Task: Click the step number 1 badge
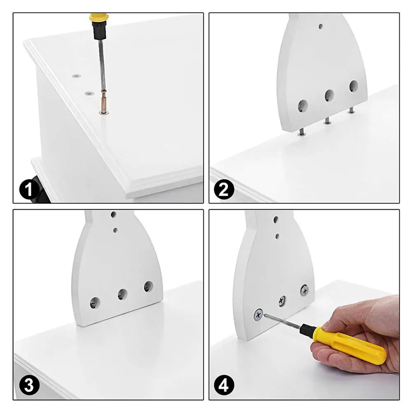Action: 29,189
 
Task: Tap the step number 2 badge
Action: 224,189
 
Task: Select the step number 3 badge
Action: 29,385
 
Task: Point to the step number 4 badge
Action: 224,385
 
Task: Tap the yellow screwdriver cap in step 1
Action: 99,17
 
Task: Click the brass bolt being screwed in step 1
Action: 103,102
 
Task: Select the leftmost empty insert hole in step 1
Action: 77,76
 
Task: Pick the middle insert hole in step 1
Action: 89,93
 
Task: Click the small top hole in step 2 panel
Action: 321,26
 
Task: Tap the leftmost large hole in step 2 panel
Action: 303,106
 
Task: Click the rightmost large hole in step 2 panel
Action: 353,86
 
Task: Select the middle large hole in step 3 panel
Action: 123,294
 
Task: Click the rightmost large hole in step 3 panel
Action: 149,286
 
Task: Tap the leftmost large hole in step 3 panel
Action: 95,303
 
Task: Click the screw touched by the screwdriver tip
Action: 258,315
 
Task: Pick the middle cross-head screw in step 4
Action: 282,301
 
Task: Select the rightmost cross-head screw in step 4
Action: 304,290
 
